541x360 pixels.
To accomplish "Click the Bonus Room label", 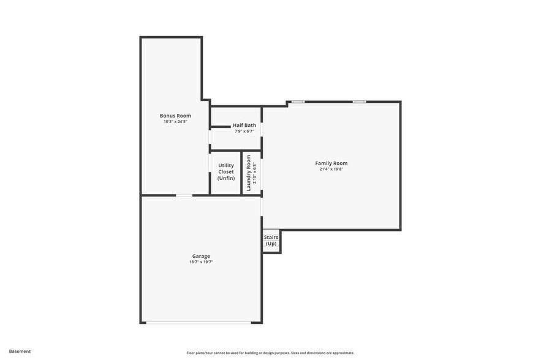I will coord(175,116).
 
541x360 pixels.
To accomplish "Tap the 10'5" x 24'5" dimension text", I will coord(175,122).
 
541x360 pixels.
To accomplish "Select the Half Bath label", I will coord(244,125).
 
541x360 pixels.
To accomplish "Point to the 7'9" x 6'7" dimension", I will coord(244,131).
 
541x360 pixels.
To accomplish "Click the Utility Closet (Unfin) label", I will coord(225,172).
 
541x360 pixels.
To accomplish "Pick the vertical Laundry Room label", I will coord(249,173).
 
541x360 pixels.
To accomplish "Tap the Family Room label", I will coord(331,163).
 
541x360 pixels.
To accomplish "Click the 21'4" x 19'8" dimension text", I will coord(331,170).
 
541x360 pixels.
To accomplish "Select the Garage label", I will coord(201,256).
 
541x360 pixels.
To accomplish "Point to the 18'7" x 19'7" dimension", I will coord(201,262).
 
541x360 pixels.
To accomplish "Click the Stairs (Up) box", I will coord(271,241).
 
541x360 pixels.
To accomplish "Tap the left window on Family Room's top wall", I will coord(298,102).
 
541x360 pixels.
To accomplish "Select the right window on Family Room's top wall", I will coord(359,102).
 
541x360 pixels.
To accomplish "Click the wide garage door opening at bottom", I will coord(198,322).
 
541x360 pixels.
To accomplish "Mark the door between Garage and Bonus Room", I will coord(184,195).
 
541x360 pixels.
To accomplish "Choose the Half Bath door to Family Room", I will coord(262,130).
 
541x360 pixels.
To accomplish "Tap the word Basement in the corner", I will coord(20,351).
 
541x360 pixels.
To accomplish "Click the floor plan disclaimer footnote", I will coord(270,353).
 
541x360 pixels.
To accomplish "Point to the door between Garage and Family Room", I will coord(262,207).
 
